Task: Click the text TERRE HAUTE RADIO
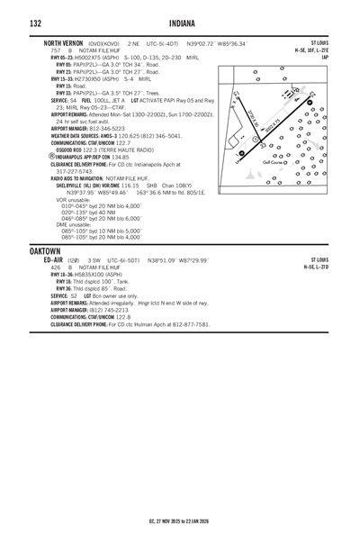(x=126, y=149)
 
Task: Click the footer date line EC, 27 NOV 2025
(x=180, y=521)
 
